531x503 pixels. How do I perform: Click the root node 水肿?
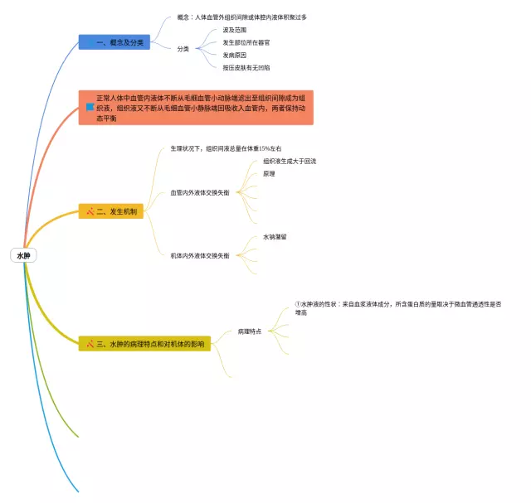pos(23,256)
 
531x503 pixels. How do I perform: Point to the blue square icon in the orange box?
pos(90,107)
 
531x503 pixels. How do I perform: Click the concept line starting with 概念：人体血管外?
pos(241,17)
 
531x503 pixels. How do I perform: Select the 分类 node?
pos(183,49)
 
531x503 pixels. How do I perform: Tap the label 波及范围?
pos(235,30)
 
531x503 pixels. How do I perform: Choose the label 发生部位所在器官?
pos(246,42)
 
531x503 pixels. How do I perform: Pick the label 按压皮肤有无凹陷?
pos(246,67)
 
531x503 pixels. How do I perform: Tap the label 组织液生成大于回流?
pos(289,161)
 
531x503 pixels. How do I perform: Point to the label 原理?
pos(269,174)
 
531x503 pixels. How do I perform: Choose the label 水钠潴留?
pos(275,237)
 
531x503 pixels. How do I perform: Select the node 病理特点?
pos(249,331)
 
